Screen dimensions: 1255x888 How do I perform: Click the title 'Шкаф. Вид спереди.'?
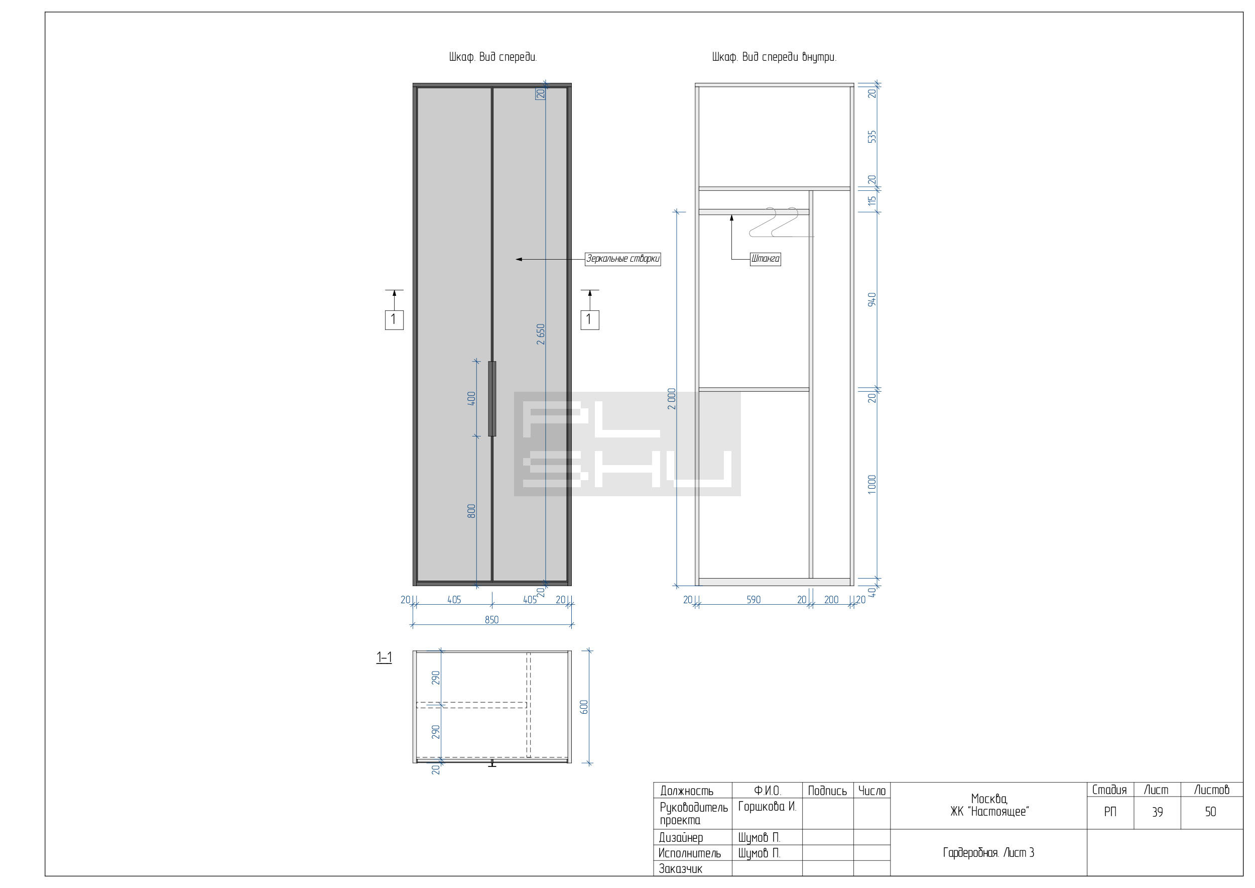[x=492, y=57]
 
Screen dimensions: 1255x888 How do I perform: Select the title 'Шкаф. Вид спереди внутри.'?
[x=774, y=57]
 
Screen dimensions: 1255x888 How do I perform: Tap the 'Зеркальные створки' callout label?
[x=622, y=259]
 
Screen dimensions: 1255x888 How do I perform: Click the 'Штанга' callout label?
[x=765, y=259]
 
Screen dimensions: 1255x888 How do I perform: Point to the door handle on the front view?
[x=492, y=399]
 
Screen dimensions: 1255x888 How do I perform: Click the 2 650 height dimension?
[x=541, y=334]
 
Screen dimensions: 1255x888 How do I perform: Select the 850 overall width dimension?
[x=491, y=619]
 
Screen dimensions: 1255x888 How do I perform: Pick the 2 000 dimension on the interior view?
[x=672, y=399]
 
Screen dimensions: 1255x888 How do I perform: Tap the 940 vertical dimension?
[x=872, y=300]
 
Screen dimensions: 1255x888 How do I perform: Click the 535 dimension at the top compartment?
[x=872, y=136]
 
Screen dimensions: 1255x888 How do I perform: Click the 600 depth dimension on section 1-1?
[x=584, y=707]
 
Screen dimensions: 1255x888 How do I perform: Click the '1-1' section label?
[x=384, y=657]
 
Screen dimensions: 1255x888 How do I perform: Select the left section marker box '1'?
[x=394, y=320]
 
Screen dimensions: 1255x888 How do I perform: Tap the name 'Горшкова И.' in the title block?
[x=767, y=807]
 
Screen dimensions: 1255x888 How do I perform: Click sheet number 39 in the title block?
[x=1157, y=813]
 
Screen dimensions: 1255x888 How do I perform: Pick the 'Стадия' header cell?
[x=1109, y=790]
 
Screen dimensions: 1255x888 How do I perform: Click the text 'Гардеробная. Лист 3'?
[x=988, y=853]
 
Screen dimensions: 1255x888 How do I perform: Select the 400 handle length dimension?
[x=471, y=398]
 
